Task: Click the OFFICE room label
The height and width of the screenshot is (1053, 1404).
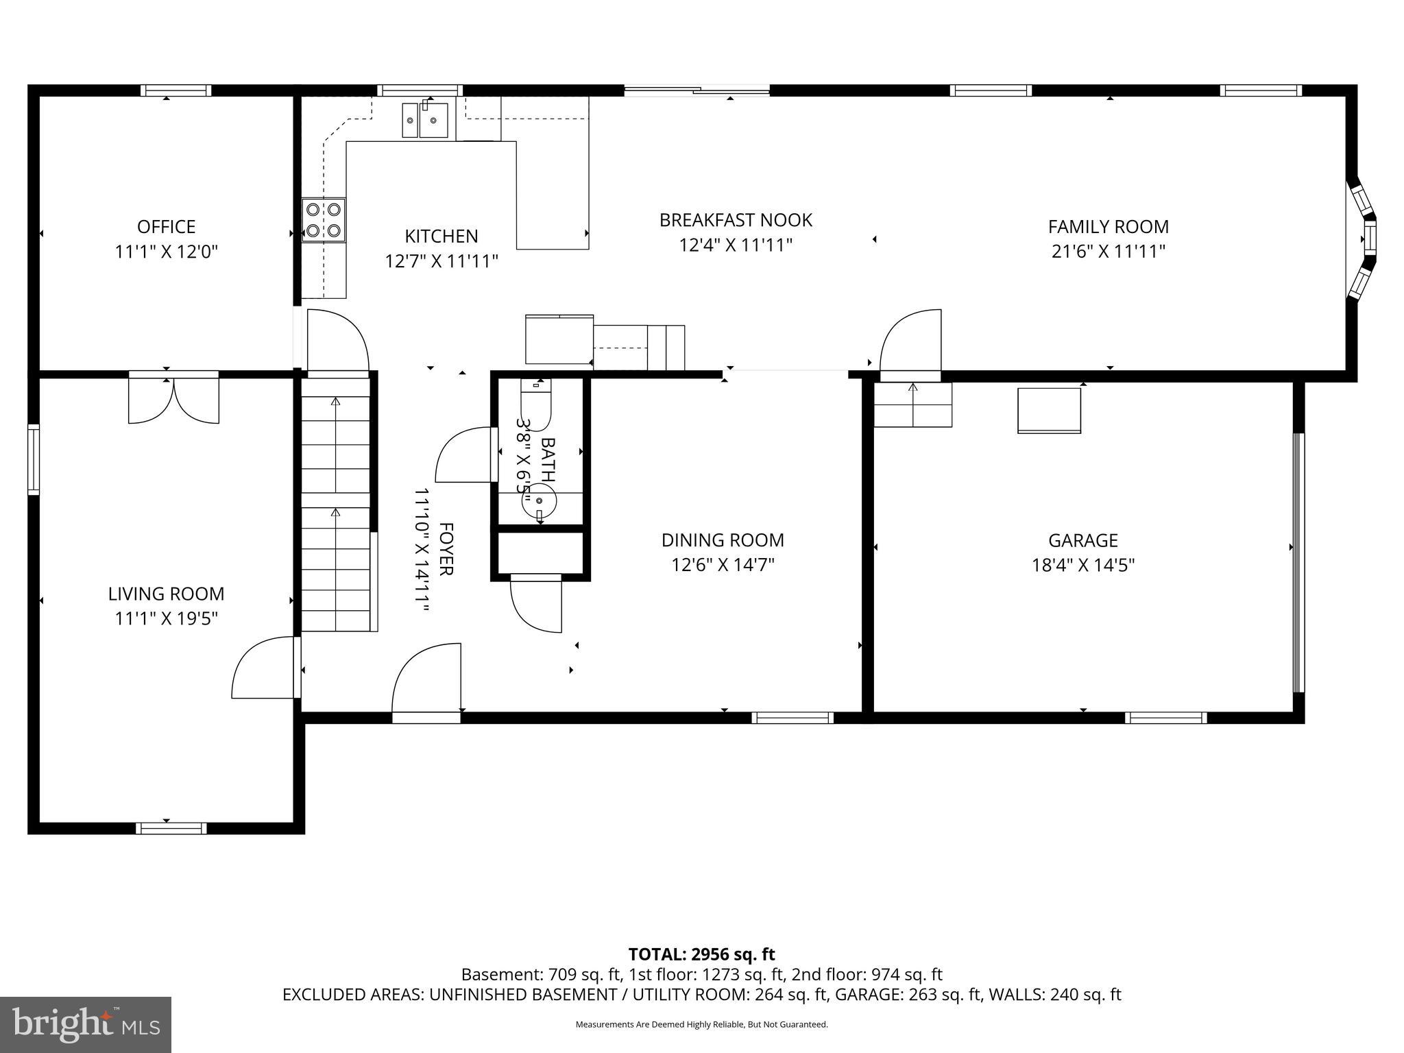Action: click(x=166, y=226)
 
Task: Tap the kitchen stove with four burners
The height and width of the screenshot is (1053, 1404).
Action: click(x=324, y=220)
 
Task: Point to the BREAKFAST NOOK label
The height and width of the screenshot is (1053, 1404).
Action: click(x=736, y=220)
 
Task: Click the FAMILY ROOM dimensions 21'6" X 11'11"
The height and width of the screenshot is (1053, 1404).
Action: click(x=1108, y=252)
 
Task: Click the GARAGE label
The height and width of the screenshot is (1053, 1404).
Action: click(x=1082, y=540)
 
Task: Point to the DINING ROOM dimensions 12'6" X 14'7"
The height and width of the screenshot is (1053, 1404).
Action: click(x=723, y=565)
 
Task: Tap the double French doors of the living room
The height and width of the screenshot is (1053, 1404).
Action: click(x=174, y=399)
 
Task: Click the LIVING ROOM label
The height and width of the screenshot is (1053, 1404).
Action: click(x=166, y=594)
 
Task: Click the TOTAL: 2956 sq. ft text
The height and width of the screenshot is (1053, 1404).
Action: click(x=701, y=954)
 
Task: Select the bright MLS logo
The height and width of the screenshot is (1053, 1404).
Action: click(x=86, y=1025)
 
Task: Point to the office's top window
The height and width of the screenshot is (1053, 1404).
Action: click(x=175, y=90)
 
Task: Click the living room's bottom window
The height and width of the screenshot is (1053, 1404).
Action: click(x=171, y=828)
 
